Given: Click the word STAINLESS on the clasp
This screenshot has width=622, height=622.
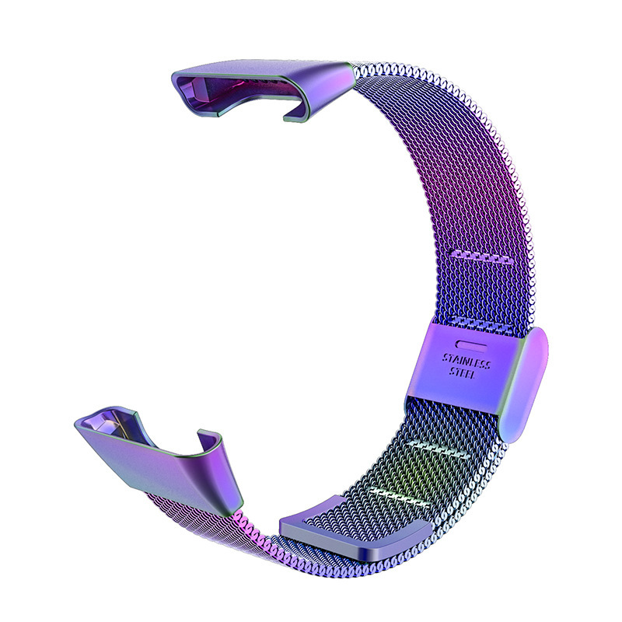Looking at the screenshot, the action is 466,361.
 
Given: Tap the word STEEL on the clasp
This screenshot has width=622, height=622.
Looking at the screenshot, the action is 462,373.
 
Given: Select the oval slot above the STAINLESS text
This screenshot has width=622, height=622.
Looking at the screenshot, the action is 471,344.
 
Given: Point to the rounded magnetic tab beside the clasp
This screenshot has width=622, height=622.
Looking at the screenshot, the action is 524,384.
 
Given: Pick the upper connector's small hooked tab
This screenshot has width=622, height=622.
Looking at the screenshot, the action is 297,112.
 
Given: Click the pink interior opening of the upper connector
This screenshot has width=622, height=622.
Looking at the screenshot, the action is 238,88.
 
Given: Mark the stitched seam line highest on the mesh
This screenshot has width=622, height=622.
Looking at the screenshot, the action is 480,257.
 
